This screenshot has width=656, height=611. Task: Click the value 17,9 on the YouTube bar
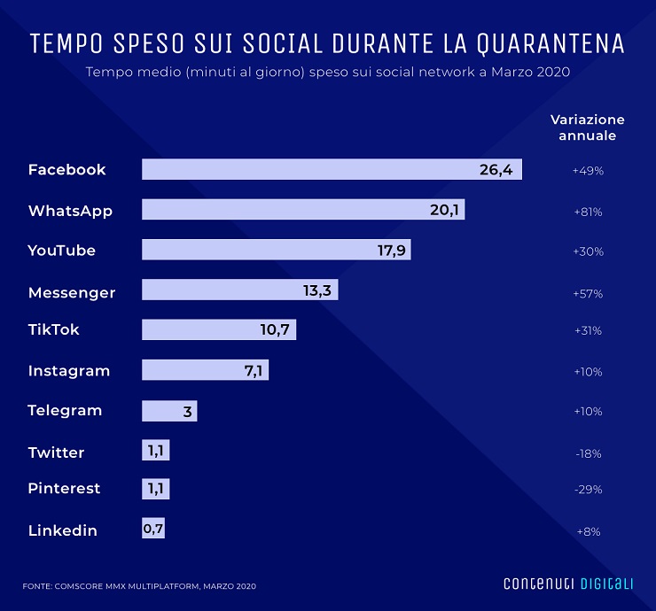391,251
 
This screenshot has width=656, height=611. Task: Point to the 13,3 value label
319,291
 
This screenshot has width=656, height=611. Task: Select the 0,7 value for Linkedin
153,530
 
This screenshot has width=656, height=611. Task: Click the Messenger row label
72,291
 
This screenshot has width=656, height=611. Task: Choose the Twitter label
56,452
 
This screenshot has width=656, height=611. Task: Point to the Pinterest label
64,488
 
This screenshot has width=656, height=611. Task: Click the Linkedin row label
62,530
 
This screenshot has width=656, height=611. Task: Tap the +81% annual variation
587,212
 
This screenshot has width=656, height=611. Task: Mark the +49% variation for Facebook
587,170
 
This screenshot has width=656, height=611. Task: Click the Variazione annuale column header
587,128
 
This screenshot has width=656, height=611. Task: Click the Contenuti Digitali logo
568,584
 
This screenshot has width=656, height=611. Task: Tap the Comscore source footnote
140,585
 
